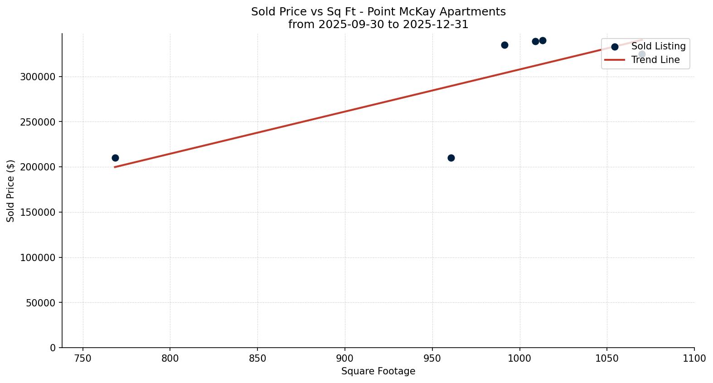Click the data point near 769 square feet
point(115,158)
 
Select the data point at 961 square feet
point(451,158)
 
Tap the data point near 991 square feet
point(504,45)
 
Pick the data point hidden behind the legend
point(642,54)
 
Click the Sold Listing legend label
point(658,46)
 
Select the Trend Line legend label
point(655,60)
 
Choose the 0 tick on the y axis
point(53,348)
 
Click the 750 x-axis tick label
point(82,359)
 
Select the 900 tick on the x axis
point(345,359)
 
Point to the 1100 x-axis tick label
point(694,359)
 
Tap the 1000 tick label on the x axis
point(519,359)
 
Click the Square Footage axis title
point(378,371)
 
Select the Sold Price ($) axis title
point(11,190)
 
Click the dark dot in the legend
point(615,47)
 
